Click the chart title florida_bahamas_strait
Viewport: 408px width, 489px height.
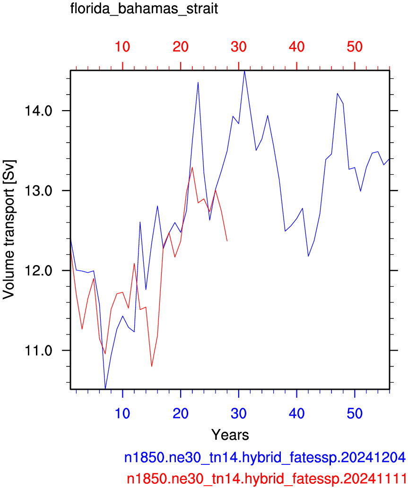tap(144, 9)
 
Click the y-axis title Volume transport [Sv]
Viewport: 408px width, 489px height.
tap(9, 230)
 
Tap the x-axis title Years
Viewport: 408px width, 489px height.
tap(230, 434)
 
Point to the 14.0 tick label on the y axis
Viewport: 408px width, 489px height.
tap(38, 111)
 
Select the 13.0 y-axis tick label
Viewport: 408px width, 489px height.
tap(38, 190)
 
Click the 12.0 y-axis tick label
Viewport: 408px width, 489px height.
tap(38, 270)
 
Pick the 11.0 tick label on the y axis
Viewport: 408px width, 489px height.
tap(38, 351)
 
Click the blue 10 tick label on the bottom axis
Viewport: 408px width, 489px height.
tap(122, 413)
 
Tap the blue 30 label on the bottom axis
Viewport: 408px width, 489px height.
tap(238, 413)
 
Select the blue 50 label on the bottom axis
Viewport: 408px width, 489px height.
tap(355, 413)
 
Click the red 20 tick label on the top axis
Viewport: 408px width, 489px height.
tap(181, 47)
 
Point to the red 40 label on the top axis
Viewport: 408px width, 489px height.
tap(296, 47)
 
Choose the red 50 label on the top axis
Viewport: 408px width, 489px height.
tap(355, 47)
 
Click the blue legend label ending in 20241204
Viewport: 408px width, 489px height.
tap(265, 457)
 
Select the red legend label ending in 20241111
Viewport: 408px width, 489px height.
tap(267, 478)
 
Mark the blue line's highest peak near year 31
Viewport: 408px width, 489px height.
tap(245, 71)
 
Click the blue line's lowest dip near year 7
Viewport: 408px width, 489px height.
tap(105, 388)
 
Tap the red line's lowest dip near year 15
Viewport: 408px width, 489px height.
tap(152, 366)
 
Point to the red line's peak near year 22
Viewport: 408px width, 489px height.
tap(192, 167)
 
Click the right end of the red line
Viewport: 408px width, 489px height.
tap(227, 241)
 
